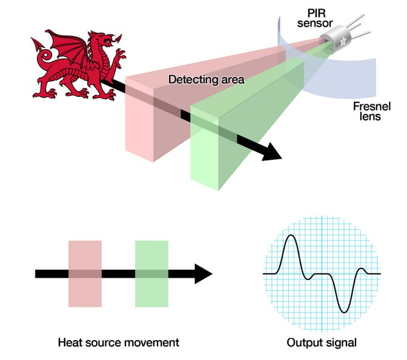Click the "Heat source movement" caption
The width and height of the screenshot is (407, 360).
[118, 342]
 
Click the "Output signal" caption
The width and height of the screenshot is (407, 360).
[323, 342]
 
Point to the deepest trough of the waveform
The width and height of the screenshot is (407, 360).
[343, 310]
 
